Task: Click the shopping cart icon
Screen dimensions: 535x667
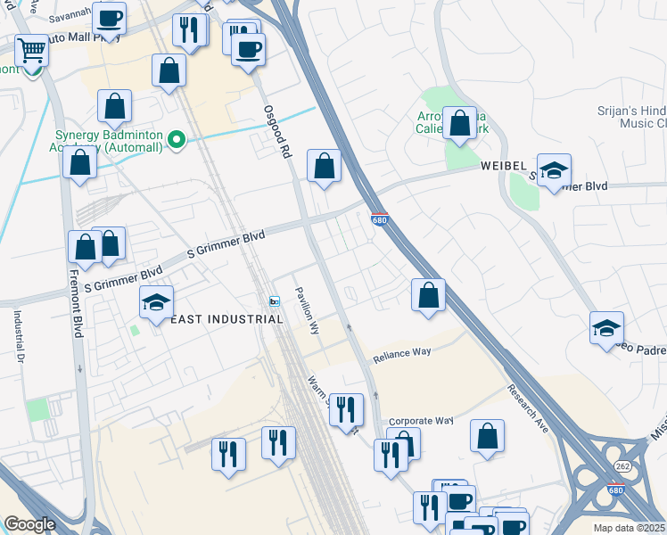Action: pos(32,50)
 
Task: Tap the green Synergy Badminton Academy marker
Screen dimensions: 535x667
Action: pos(177,139)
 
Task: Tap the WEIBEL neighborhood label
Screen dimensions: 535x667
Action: pos(506,167)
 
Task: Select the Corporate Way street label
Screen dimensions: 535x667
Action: pos(422,420)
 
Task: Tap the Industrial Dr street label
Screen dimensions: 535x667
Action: pos(17,336)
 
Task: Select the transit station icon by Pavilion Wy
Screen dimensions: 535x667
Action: pos(275,301)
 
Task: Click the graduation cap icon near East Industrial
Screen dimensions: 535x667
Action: pos(156,302)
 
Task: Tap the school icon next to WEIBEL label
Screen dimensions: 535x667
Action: pos(554,170)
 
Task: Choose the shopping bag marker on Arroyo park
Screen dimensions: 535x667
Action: pos(460,124)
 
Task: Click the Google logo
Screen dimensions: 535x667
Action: pos(29,524)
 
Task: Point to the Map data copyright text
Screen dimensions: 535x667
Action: pos(629,528)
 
